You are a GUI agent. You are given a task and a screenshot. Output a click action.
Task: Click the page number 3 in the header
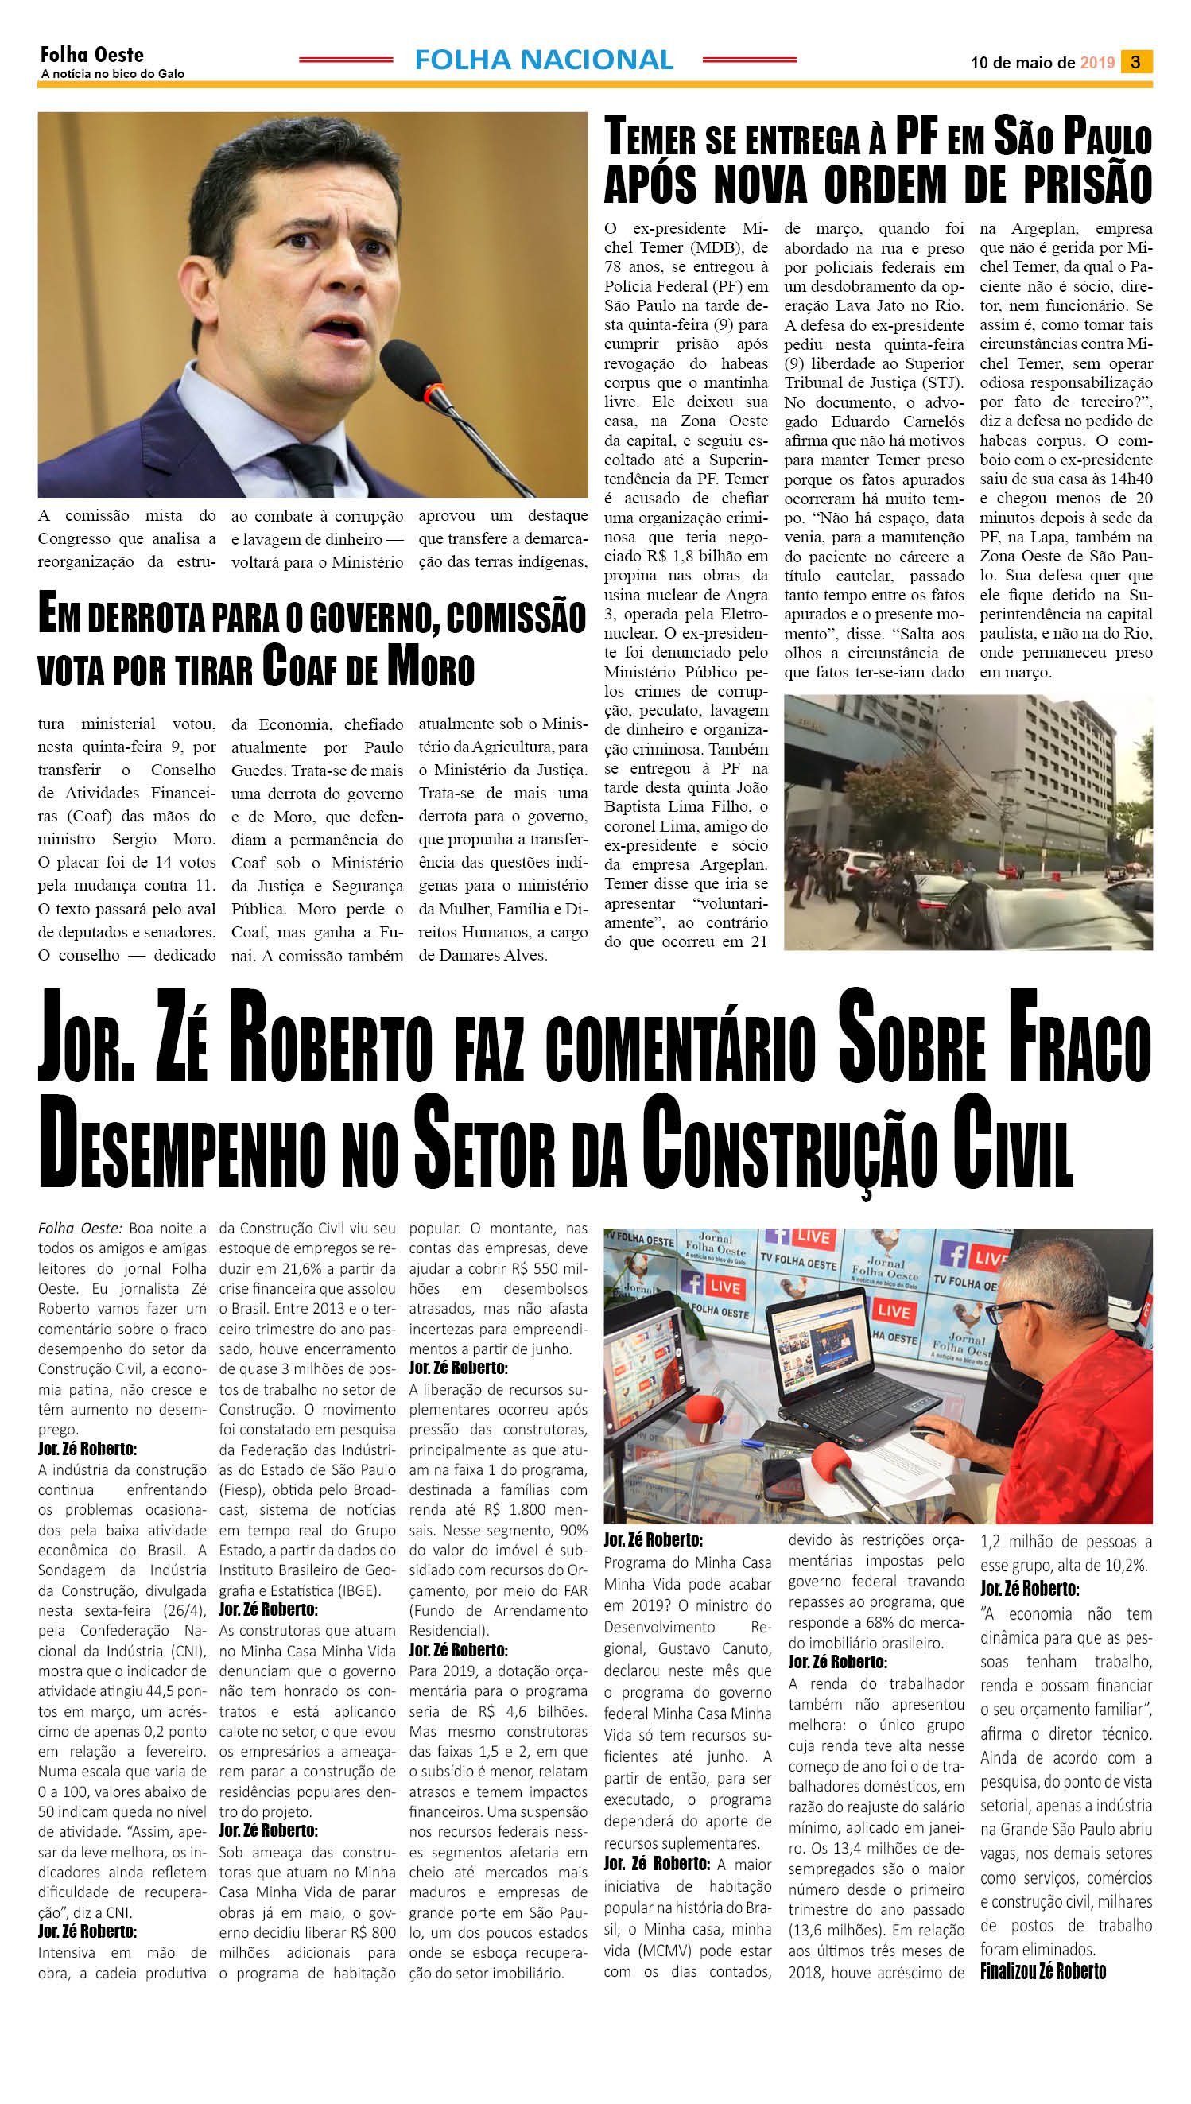coord(1135,62)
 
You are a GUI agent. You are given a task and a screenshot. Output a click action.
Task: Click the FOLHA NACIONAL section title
coord(544,60)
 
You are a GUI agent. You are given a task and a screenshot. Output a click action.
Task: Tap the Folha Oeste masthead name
coord(91,55)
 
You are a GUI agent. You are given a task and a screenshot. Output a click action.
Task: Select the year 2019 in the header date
coord(1097,63)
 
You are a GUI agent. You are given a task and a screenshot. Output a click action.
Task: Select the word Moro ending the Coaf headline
coord(430,667)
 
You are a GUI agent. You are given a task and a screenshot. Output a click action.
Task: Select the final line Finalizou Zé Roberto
coord(1043,1970)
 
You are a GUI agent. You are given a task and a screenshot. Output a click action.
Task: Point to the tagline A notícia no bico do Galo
coord(112,75)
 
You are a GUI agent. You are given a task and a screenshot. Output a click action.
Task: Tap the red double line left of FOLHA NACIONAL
coord(345,60)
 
